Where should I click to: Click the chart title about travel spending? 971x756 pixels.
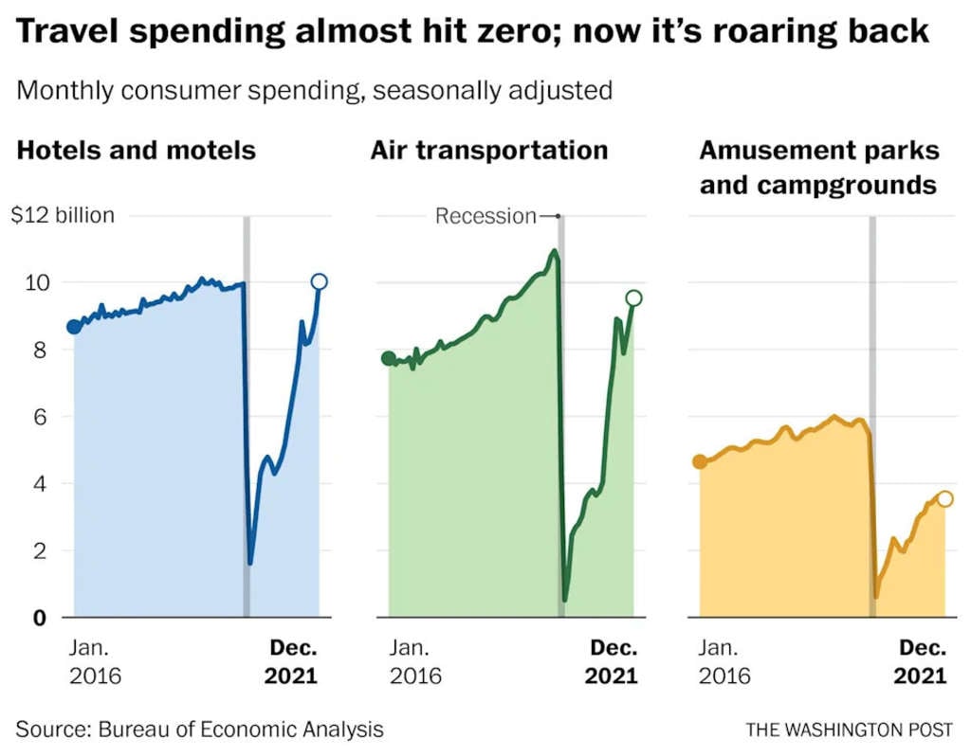[x=472, y=30]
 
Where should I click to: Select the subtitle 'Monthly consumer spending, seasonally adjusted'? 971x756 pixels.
[x=314, y=91]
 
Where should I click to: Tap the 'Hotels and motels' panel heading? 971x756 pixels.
[x=137, y=150]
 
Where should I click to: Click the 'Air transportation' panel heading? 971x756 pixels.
[x=489, y=150]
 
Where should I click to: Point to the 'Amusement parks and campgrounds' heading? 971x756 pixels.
[x=818, y=167]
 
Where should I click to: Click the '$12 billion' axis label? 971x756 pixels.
[x=63, y=215]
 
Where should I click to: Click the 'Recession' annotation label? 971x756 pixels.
[x=485, y=216]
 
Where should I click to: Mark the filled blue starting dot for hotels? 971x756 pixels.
[x=74, y=327]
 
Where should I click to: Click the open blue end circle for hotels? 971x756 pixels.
[x=320, y=281]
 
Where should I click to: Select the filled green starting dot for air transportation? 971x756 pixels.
[x=388, y=358]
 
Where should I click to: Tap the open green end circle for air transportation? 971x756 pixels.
[x=634, y=298]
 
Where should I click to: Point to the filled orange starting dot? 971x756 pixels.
[x=700, y=461]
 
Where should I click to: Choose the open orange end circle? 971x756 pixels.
[x=944, y=499]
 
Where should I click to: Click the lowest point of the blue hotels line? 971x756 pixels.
[x=250, y=563]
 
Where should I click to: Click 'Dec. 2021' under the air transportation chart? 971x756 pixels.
[x=613, y=662]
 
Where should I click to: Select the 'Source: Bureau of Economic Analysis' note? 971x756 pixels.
[x=199, y=729]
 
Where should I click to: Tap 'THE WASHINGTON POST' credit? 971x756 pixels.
[x=850, y=729]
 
